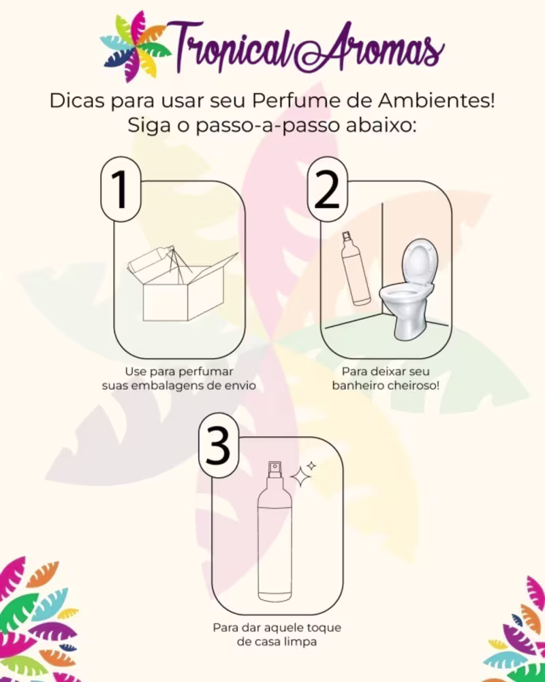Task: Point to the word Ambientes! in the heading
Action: [437, 100]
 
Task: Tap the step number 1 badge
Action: [121, 189]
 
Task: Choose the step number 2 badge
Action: [327, 189]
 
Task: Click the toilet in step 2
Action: [409, 289]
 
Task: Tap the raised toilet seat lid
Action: [419, 262]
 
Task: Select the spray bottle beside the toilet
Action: [356, 268]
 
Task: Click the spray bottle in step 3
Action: [275, 531]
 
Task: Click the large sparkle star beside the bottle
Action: [300, 477]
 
